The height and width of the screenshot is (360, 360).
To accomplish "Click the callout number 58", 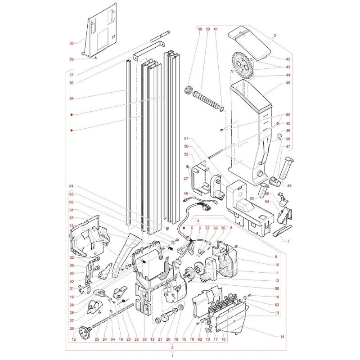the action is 72,43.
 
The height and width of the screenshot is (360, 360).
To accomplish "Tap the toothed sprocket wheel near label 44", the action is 243,66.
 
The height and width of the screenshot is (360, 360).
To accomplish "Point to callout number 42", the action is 288,59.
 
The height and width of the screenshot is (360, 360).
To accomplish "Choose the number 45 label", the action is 288,83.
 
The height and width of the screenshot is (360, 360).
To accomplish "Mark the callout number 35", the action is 72,99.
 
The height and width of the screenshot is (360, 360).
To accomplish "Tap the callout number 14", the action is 282,337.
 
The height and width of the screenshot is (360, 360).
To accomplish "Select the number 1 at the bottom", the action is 172,355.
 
